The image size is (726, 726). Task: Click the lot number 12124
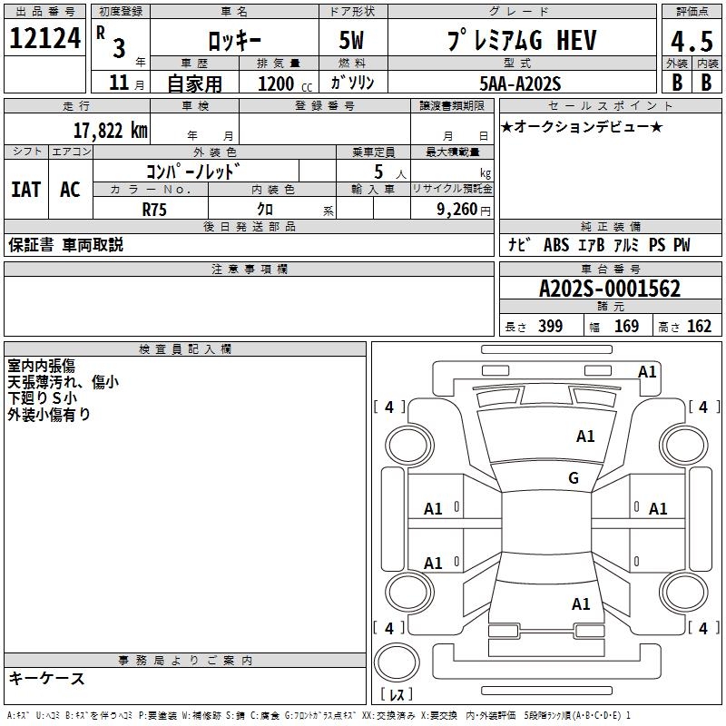coord(45,39)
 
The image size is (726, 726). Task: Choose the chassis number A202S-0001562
coord(610,289)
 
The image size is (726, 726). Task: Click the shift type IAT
coord(25,189)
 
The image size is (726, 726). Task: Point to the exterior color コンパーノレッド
coord(193,171)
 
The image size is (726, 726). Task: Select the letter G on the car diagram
coord(574,478)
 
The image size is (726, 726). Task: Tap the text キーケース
coord(47,678)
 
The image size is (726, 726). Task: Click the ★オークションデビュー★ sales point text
coord(582,126)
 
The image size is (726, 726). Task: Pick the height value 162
coord(699,327)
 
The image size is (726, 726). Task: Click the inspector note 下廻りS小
coord(43,397)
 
